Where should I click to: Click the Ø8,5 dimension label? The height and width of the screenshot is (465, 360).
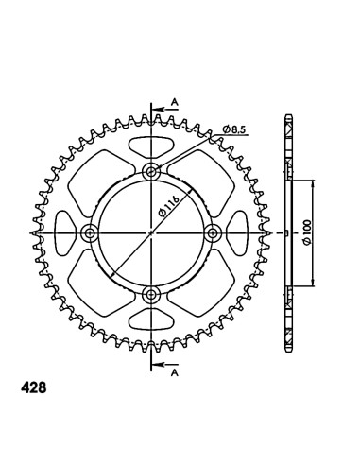click(235, 129)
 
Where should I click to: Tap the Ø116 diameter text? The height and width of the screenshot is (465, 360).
click(169, 206)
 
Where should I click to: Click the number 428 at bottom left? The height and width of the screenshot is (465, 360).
click(33, 387)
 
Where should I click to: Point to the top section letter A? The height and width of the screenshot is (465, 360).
click(175, 102)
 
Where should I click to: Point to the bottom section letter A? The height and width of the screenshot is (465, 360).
click(175, 373)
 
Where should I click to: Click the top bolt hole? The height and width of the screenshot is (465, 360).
click(151, 172)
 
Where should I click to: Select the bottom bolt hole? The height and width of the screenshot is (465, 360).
click(151, 295)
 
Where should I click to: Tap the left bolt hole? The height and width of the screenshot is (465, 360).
click(90, 233)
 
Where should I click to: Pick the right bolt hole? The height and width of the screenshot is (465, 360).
click(213, 233)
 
